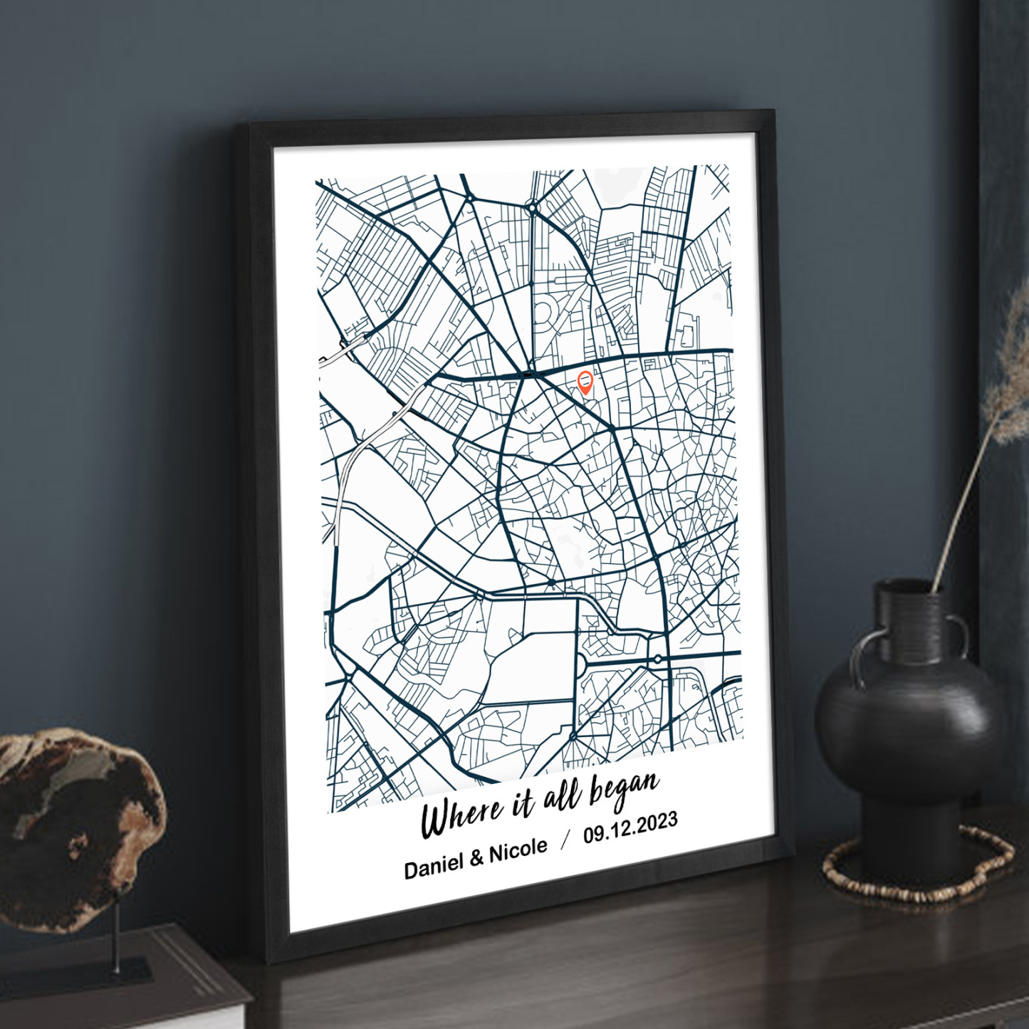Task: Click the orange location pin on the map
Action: click(x=585, y=382)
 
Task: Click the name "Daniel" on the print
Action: click(x=434, y=866)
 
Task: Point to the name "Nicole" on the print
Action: click(x=518, y=850)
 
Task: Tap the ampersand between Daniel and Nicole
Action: click(x=476, y=858)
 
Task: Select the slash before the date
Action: click(x=565, y=840)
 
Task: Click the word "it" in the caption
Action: click(x=522, y=804)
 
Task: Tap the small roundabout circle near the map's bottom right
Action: click(x=658, y=659)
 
